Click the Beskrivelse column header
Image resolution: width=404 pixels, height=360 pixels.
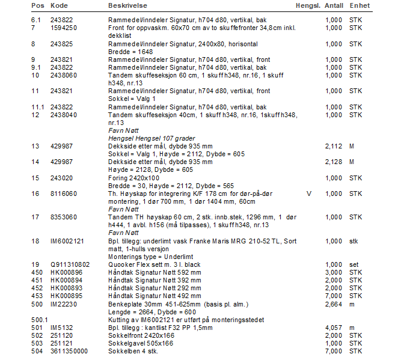pos(129,5)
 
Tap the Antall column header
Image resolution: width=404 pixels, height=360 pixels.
pos(334,5)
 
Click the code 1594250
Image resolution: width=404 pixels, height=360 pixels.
pos(63,28)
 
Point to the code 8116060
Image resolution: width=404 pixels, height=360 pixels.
pos(63,194)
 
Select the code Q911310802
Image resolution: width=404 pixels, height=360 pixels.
pos(70,264)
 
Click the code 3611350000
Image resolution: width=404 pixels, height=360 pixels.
pos(69,351)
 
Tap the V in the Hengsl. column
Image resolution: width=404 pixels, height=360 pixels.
pos(309,194)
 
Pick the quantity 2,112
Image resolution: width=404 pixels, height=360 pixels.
pos(334,146)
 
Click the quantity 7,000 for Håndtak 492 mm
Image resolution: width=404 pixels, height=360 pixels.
pos(334,296)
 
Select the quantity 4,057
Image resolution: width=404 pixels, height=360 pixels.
pos(334,328)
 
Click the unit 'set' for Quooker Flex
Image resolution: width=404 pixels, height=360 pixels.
pos(353,264)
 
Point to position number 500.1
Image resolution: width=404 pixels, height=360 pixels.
pos(39,319)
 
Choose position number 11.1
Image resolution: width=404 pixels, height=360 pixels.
pos(38,107)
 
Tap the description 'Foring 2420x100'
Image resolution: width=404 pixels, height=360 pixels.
pos(133,178)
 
